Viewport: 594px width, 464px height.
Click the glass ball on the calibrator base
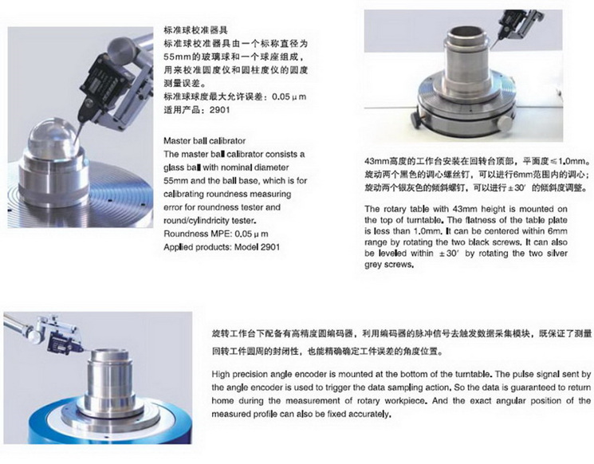pyautogui.click(x=53, y=136)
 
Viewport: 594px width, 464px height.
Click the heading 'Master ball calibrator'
pyautogui.click(x=205, y=141)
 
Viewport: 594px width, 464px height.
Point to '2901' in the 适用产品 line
pyautogui.click(x=219, y=110)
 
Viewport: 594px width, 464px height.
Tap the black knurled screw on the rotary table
pyautogui.click(x=415, y=118)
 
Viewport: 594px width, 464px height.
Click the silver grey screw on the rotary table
pyautogui.click(x=504, y=122)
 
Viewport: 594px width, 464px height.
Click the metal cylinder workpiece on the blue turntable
pyautogui.click(x=110, y=379)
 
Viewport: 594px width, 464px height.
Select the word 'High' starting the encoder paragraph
pyautogui.click(x=221, y=374)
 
